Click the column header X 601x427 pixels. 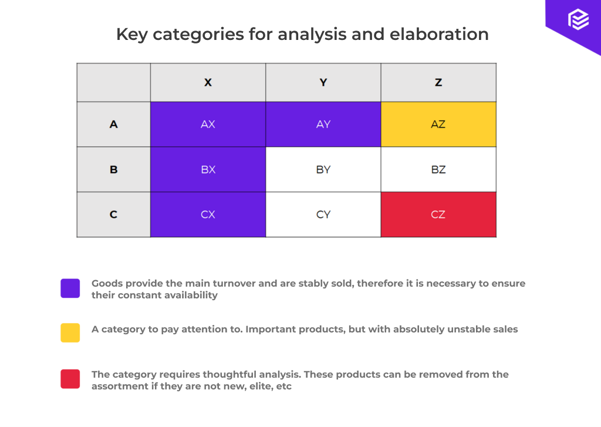208,83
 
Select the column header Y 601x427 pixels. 323,83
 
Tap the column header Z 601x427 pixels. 438,83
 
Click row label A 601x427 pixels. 114,125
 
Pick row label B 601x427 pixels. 114,170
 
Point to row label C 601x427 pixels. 114,215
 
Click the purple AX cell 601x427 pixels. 208,125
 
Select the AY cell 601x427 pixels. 323,125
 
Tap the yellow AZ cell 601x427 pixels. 438,125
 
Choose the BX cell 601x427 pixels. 208,170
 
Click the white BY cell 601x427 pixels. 323,170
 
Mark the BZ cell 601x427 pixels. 438,170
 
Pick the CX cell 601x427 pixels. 208,215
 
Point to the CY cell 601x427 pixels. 323,215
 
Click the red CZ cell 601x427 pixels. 438,215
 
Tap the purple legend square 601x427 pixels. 70,288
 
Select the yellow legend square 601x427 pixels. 70,332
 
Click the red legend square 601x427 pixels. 70,379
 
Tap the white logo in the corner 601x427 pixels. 578,20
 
